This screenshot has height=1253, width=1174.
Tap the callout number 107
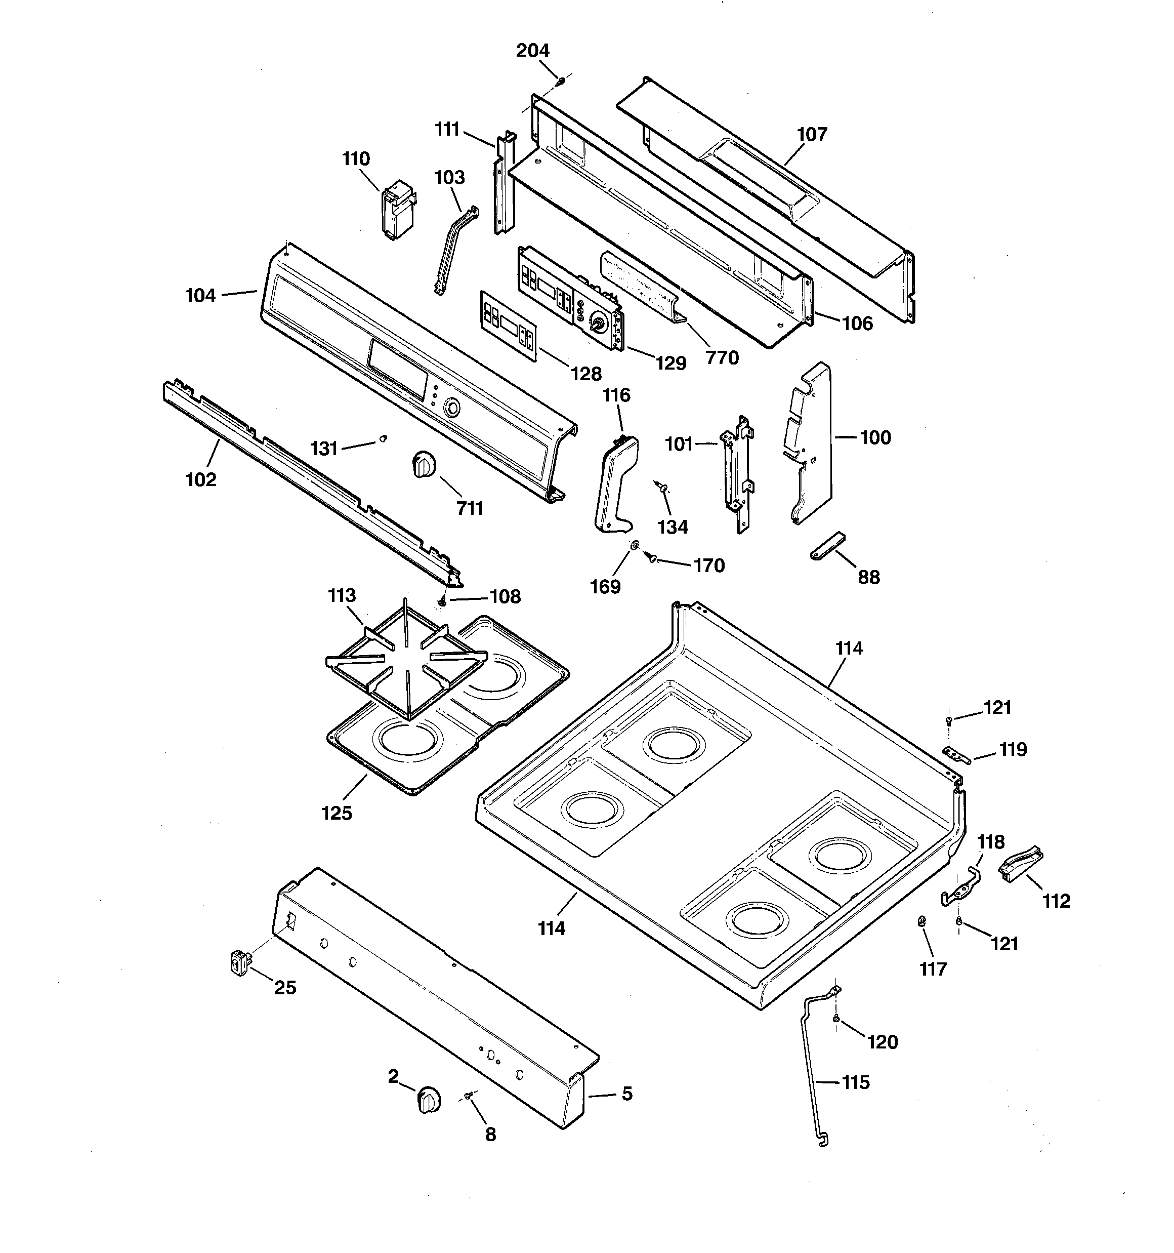[812, 134]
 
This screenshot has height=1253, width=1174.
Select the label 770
[722, 358]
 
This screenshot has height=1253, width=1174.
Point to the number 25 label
[285, 988]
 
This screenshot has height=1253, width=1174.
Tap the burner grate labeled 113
[406, 659]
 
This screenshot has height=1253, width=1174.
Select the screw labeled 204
[560, 80]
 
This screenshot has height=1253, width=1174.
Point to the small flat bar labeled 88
[827, 545]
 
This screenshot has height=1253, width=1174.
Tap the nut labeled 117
[922, 922]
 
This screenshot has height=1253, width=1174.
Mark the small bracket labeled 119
[956, 754]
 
